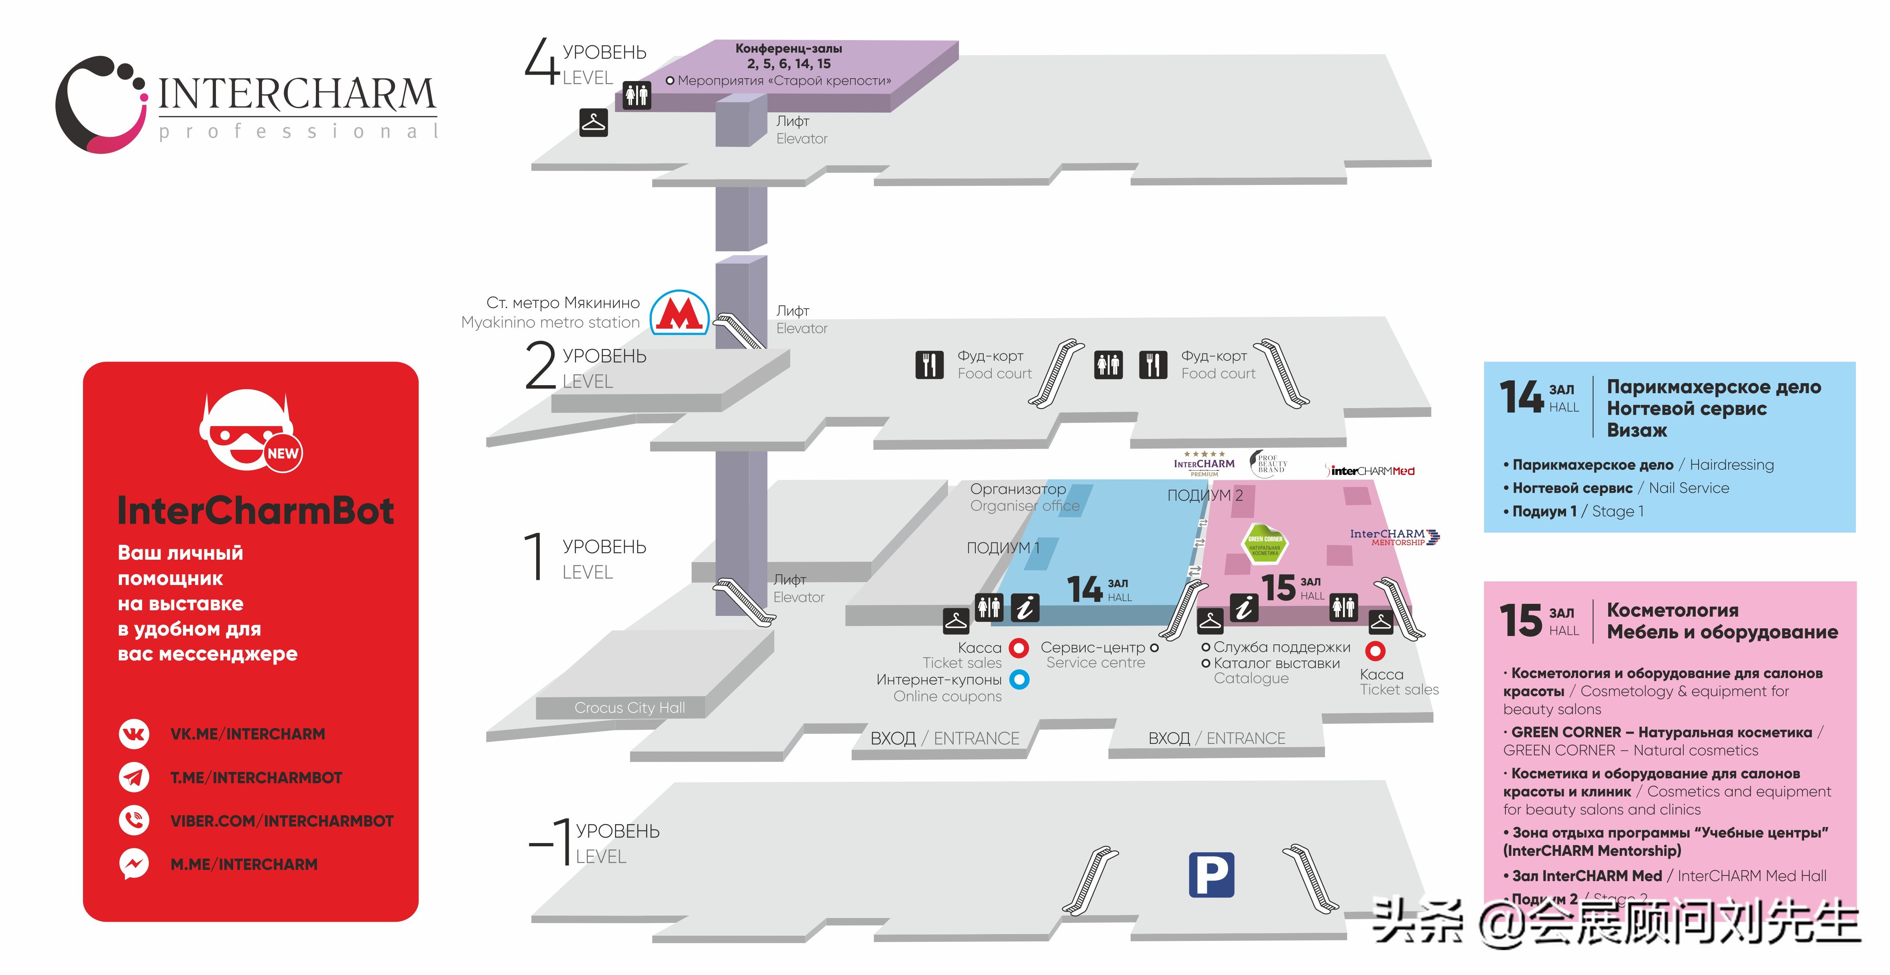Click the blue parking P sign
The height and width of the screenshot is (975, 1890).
tap(1211, 875)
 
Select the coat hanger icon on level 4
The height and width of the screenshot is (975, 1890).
tap(594, 122)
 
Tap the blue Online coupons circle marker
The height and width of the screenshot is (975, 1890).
tap(1019, 679)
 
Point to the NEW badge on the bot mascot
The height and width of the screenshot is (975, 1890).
tap(283, 453)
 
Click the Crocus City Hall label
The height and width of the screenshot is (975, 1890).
tap(629, 708)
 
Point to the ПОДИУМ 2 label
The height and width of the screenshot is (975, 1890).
tap(1205, 495)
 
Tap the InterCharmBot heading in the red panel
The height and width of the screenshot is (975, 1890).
tap(255, 511)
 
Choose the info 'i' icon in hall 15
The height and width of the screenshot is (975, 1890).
tap(1244, 607)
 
